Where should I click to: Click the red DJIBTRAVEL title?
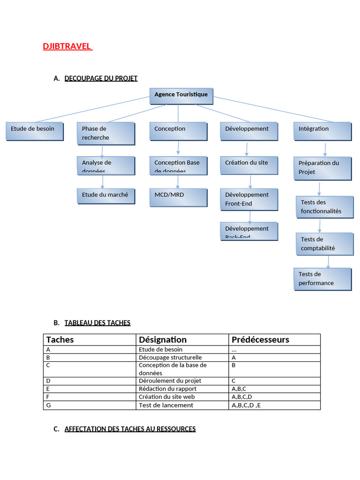click(x=67, y=46)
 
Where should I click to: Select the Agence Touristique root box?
click(x=181, y=95)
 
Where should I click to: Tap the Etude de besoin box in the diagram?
click(x=34, y=131)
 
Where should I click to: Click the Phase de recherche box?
click(x=105, y=133)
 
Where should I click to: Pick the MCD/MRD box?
click(x=178, y=197)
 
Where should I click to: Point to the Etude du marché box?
click(x=105, y=195)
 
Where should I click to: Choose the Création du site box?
click(x=249, y=165)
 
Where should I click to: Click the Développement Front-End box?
click(x=249, y=199)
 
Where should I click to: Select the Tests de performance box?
click(x=322, y=279)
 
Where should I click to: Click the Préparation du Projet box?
click(x=322, y=168)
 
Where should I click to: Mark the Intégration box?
click(x=322, y=131)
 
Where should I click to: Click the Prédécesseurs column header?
click(x=260, y=339)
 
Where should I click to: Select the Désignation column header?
click(x=163, y=339)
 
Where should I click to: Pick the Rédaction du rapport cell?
click(x=167, y=389)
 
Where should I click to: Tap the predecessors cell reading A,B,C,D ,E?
click(x=246, y=405)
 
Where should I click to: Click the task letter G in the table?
click(x=48, y=405)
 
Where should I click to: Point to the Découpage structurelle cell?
click(x=170, y=357)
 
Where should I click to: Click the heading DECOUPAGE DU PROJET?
click(x=101, y=78)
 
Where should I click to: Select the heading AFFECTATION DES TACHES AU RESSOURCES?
click(x=130, y=429)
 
